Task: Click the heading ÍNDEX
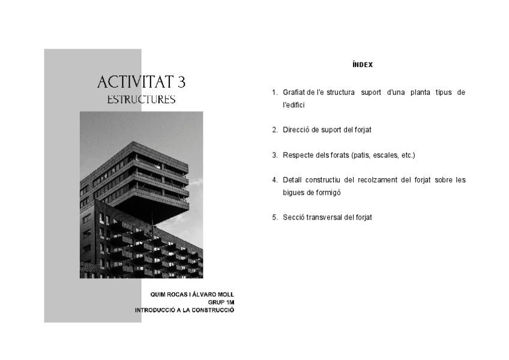point(363,65)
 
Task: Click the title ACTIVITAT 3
point(141,82)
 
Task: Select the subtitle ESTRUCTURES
point(141,100)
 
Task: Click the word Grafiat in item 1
point(294,92)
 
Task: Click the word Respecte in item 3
point(298,155)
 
